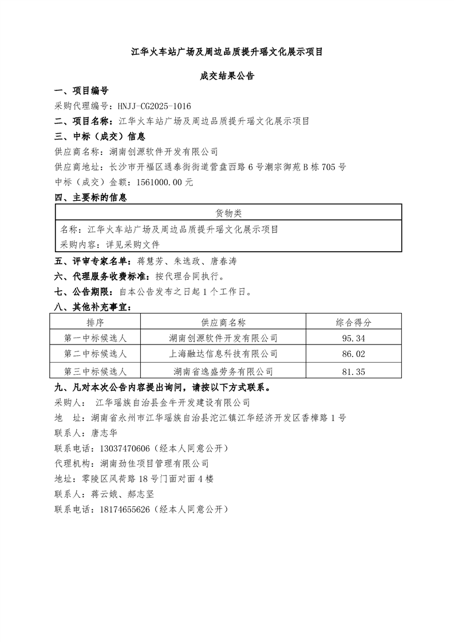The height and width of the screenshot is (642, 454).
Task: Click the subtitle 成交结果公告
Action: click(x=227, y=76)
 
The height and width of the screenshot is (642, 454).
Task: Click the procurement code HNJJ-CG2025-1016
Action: click(x=154, y=106)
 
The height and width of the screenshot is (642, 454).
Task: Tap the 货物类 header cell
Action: click(x=228, y=213)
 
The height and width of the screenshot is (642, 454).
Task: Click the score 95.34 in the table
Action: click(x=353, y=338)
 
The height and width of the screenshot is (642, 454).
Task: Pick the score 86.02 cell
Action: click(x=353, y=354)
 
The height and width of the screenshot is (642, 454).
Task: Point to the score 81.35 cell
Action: click(x=353, y=371)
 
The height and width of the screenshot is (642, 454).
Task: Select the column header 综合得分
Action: click(x=353, y=322)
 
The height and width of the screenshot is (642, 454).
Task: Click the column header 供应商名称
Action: click(x=223, y=322)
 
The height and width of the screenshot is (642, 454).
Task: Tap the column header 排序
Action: click(x=96, y=322)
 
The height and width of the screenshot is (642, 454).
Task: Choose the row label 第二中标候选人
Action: click(x=96, y=354)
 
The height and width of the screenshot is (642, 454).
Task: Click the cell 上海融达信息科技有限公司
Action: click(x=223, y=354)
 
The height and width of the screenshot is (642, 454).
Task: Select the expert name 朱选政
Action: click(x=188, y=261)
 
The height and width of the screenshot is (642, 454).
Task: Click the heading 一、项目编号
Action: click(x=81, y=91)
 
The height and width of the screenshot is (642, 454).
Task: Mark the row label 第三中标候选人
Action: click(x=96, y=371)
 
